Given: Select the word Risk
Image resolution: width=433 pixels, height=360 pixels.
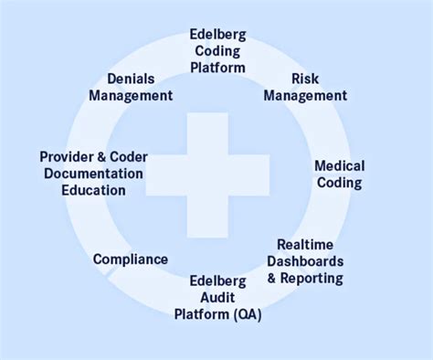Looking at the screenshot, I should pyautogui.click(x=304, y=79).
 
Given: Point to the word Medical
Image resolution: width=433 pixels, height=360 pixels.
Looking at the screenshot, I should pyautogui.click(x=339, y=165).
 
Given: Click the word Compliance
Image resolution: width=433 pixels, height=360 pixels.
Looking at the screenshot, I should pyautogui.click(x=131, y=259).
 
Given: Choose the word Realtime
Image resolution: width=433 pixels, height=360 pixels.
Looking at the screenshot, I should pyautogui.click(x=305, y=244).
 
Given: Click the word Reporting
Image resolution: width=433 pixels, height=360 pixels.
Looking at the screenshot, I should pyautogui.click(x=316, y=279).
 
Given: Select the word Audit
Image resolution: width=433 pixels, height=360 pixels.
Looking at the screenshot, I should pyautogui.click(x=216, y=298).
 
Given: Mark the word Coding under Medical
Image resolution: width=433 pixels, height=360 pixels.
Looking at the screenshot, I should pyautogui.click(x=339, y=183).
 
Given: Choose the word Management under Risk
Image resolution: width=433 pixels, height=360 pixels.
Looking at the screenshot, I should pyautogui.click(x=305, y=96).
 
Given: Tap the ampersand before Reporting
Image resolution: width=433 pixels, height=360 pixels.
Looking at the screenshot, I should pyautogui.click(x=281, y=279).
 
